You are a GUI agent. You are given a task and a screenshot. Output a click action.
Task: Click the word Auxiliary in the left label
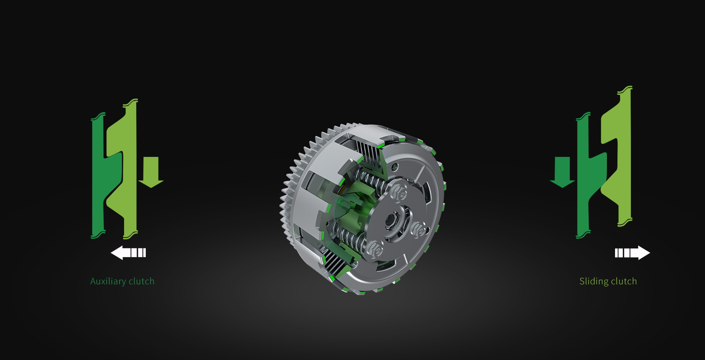tap(108, 281)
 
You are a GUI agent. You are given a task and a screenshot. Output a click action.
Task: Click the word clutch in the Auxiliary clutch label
tap(141, 281)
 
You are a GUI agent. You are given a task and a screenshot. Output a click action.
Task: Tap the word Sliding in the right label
tap(594, 281)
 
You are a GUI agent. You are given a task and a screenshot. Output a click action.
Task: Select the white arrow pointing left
tap(128, 253)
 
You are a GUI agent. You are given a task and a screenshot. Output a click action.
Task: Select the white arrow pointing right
tap(632, 253)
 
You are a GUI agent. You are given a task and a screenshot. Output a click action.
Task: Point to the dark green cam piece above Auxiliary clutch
tap(101, 176)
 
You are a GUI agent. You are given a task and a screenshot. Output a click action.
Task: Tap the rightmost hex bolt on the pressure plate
tap(419, 230)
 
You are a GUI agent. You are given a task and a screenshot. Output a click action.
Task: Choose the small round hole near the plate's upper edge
tap(395, 168)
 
